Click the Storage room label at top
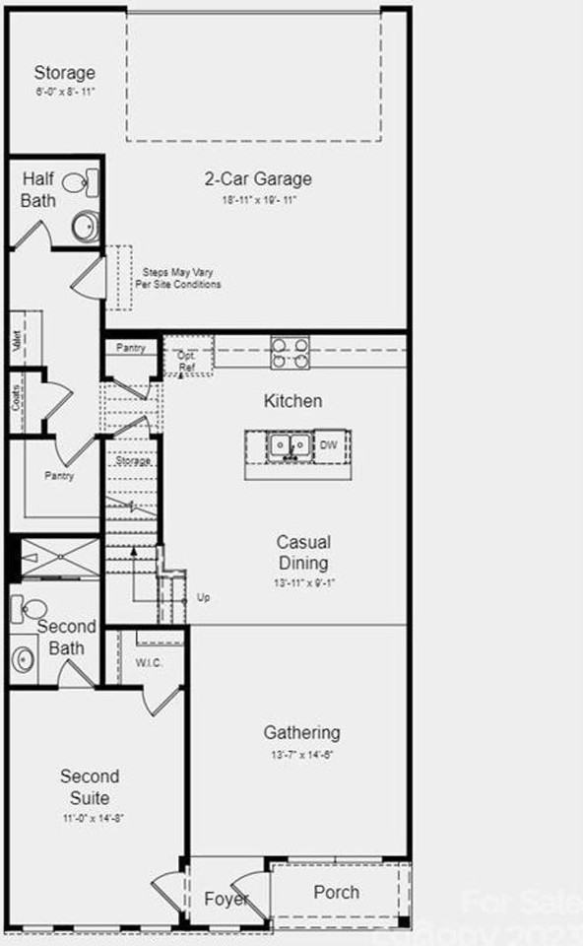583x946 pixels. [x=65, y=73]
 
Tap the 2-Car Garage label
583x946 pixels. [x=258, y=179]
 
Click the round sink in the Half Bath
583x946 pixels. [x=85, y=226]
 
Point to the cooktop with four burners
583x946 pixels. [x=291, y=353]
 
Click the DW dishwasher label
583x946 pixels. [x=329, y=446]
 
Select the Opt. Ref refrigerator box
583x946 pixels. [x=187, y=362]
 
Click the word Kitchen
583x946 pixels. [x=292, y=401]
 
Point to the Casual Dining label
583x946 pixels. [x=302, y=553]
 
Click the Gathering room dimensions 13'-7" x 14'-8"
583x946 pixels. [x=301, y=755]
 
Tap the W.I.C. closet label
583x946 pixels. [x=149, y=662]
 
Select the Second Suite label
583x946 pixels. [x=90, y=787]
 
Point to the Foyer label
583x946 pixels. [x=226, y=899]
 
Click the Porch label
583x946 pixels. [x=336, y=893]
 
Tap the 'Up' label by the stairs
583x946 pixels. [x=203, y=597]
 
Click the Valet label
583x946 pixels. [x=17, y=341]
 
